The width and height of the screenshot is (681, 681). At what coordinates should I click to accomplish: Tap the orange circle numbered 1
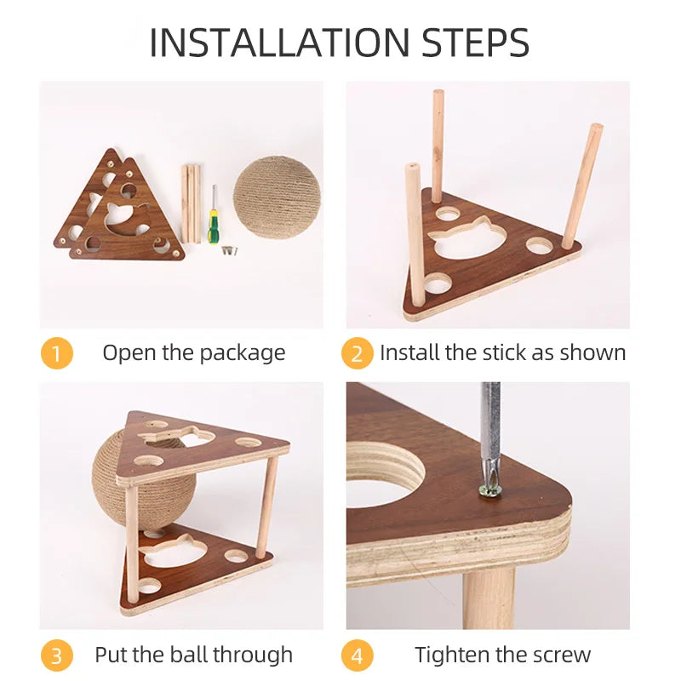[56, 352]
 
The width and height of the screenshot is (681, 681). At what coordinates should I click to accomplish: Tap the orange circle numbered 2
[357, 352]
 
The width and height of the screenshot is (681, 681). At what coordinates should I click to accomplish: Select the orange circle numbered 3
[56, 655]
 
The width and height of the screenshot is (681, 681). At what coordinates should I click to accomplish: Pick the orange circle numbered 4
[357, 655]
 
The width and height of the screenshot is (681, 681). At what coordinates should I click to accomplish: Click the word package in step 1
[243, 354]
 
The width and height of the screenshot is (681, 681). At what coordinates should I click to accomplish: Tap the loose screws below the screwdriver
[230, 250]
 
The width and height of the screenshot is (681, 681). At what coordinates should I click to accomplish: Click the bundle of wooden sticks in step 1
[191, 203]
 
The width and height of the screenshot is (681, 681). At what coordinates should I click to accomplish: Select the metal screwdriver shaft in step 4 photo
[491, 434]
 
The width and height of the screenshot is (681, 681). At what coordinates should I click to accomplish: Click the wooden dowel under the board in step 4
[489, 598]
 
